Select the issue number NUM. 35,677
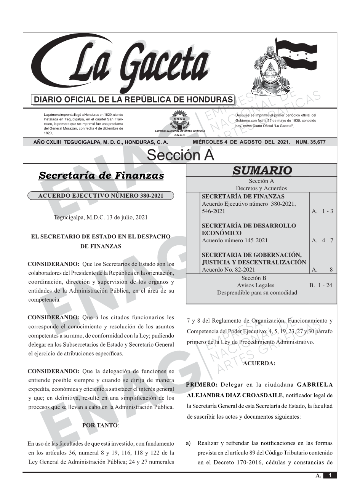[310, 142]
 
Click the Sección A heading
[180, 155]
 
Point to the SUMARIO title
[262, 170]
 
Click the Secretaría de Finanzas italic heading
[101, 176]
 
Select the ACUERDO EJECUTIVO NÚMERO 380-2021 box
[101, 196]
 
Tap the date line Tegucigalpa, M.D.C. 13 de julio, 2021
[101, 218]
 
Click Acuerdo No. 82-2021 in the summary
[228, 270]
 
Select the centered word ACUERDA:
[259, 363]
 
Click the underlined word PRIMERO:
[202, 384]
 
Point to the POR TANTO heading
[101, 425]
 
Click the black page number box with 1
[330, 475]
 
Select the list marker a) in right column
[189, 443]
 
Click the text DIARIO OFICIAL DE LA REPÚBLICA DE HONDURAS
[133, 100]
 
